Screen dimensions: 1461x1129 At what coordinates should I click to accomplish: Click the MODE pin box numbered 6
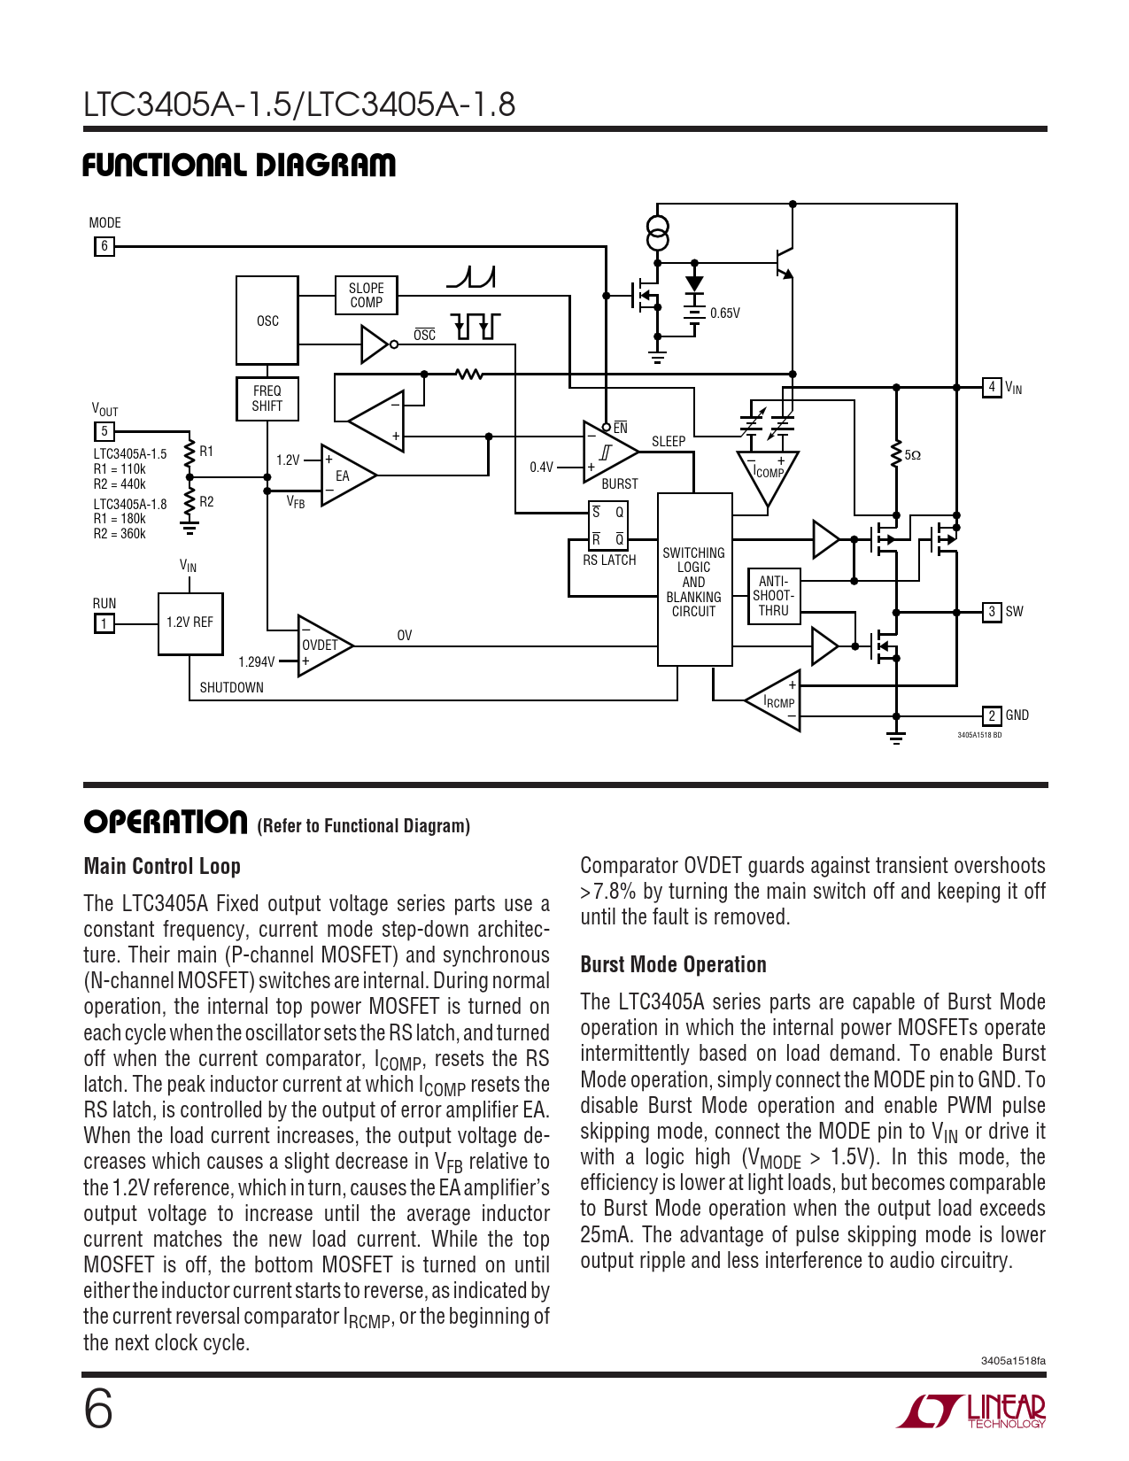coord(104,246)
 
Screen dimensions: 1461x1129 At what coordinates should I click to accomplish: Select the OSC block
coord(267,321)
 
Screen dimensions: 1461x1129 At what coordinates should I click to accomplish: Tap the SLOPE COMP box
coord(366,295)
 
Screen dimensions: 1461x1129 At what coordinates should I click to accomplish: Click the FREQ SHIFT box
coord(267,398)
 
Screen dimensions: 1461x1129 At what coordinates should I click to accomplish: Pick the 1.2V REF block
coord(189,622)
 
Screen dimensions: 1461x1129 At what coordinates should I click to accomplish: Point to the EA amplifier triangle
coord(344,475)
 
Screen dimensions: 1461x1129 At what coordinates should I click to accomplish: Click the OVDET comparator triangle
coord(321,645)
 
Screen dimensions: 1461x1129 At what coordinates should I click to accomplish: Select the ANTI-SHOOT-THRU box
coord(773,596)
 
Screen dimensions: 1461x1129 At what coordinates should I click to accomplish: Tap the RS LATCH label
coord(609,560)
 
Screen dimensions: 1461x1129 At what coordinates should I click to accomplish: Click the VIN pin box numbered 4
coord(992,387)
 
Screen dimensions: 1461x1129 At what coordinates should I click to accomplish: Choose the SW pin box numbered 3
coord(992,612)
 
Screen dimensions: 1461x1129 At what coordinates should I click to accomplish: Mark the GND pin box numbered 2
coord(992,715)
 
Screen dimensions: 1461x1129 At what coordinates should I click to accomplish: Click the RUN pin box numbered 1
coord(104,623)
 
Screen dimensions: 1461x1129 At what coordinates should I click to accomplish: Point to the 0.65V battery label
coord(724,313)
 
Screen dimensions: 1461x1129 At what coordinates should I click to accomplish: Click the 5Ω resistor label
coord(912,455)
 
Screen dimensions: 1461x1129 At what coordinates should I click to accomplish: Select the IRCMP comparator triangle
coord(778,701)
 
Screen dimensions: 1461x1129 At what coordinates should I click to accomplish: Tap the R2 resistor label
coord(206,502)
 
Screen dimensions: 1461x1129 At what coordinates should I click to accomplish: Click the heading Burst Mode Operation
coord(673,964)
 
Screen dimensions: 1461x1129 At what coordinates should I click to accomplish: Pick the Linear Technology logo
coord(970,1411)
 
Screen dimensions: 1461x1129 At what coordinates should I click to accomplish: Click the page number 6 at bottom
coord(98,1409)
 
